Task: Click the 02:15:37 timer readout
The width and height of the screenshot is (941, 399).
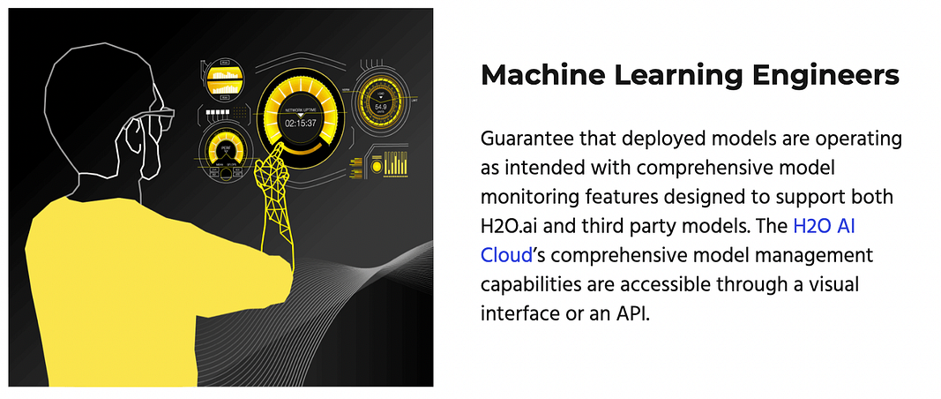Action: pyautogui.click(x=301, y=124)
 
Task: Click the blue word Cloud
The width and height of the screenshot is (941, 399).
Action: pyautogui.click(x=506, y=255)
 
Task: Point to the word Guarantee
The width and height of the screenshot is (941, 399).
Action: pyautogui.click(x=522, y=139)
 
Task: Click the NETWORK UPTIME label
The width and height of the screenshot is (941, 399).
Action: pyautogui.click(x=300, y=110)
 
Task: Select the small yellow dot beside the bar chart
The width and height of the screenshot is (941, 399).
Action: pyautogui.click(x=377, y=165)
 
